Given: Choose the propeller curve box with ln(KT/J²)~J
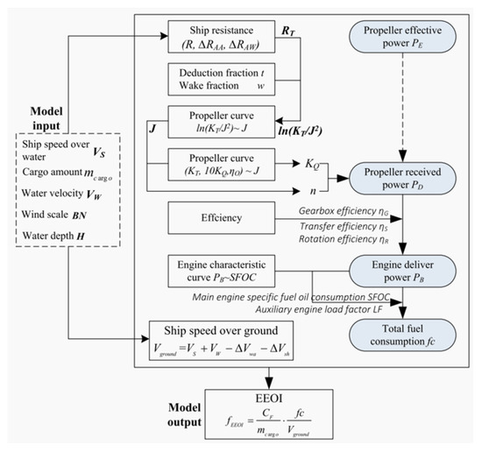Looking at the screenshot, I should click(x=219, y=123).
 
